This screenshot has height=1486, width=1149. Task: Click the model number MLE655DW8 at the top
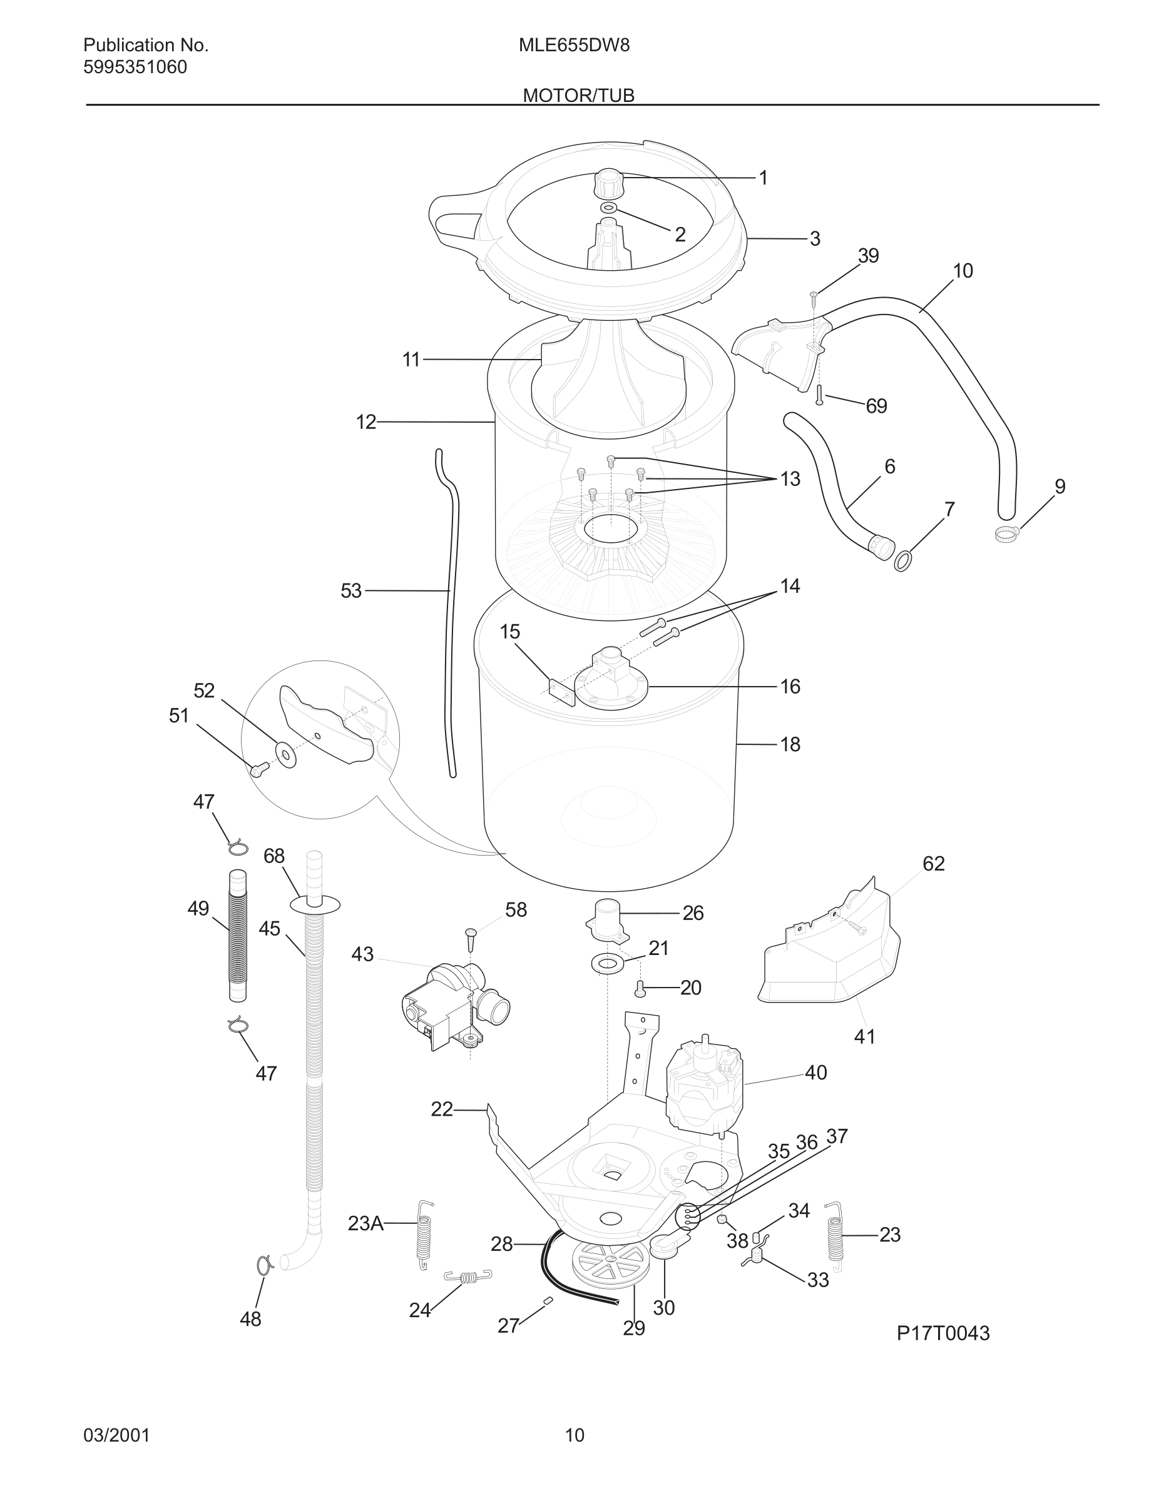click(574, 45)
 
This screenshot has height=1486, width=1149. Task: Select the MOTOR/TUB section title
click(578, 95)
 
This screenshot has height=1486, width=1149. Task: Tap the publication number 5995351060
click(135, 68)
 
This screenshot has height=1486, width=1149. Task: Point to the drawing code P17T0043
click(942, 1333)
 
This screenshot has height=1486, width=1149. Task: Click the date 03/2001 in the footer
click(116, 1435)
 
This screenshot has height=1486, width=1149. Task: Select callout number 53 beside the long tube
click(350, 590)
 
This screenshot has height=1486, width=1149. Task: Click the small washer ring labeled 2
click(609, 208)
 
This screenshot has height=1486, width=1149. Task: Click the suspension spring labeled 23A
click(425, 1233)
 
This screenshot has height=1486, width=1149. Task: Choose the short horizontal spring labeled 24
click(467, 1278)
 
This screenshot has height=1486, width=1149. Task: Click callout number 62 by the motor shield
click(933, 864)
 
